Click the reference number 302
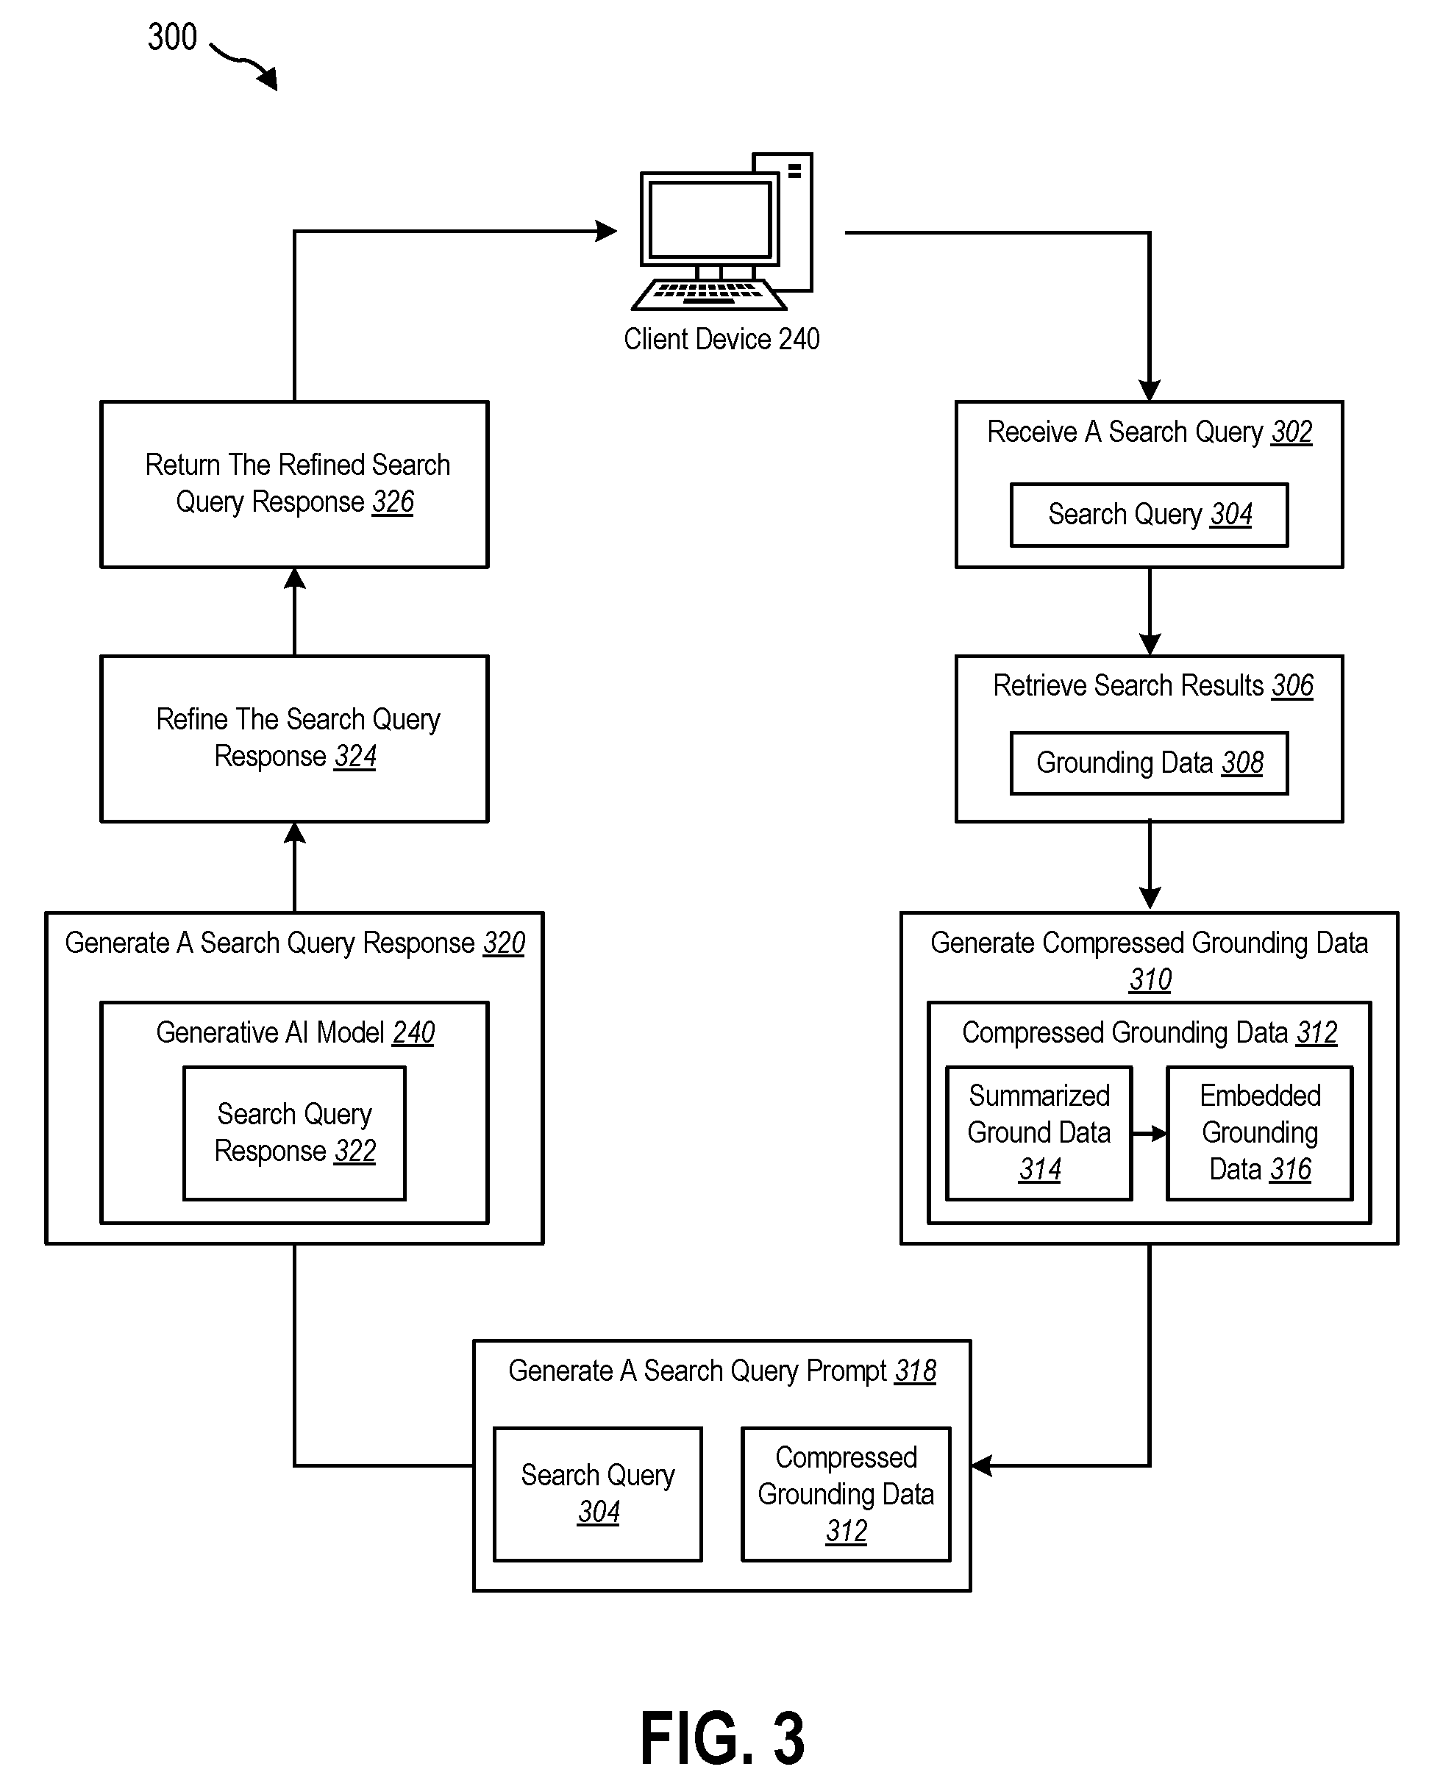(x=1291, y=432)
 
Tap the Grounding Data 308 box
(x=1149, y=763)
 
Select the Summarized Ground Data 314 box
(x=1039, y=1133)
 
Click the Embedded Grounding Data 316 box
(x=1259, y=1133)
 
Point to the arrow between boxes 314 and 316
(x=1150, y=1134)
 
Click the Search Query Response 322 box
(x=294, y=1133)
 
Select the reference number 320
(x=504, y=943)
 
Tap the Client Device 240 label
(x=721, y=339)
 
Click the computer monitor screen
(x=710, y=218)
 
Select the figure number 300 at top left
(x=172, y=37)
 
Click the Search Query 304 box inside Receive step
(x=1149, y=515)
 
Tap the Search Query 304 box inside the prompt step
(x=598, y=1494)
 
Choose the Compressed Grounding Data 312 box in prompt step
(x=845, y=1494)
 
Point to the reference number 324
(x=355, y=757)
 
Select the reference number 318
(x=915, y=1371)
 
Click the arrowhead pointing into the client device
(x=607, y=231)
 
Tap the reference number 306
(x=1292, y=685)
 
